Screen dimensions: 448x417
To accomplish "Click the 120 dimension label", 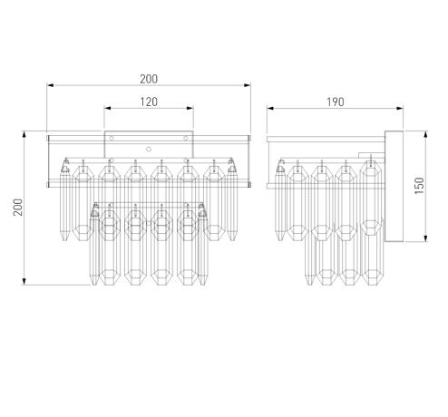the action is coord(149,102).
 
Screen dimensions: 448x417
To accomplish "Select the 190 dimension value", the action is coord(336,102).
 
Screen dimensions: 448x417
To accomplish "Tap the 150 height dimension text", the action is coord(420,186).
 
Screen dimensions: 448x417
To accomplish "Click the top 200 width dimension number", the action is coord(149,79).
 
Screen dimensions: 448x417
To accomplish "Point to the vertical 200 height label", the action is coord(18,208).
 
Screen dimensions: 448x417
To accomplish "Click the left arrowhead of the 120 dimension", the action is coord(107,108).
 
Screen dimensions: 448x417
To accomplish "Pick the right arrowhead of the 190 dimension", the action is coord(400,108).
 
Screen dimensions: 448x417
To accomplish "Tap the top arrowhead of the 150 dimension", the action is coord(425,134).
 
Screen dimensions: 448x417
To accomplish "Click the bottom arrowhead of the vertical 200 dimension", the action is coord(24,282).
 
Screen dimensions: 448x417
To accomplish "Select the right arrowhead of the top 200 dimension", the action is coord(248,85).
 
